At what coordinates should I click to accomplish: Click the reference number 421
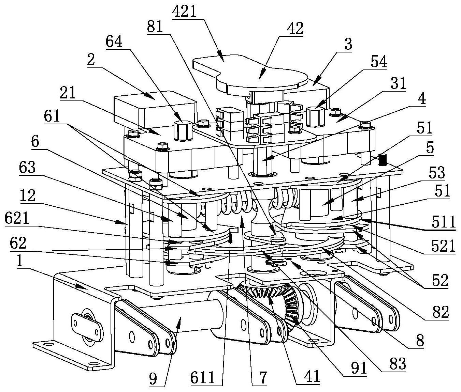pyautogui.click(x=185, y=12)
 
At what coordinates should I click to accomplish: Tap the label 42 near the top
pyautogui.click(x=295, y=29)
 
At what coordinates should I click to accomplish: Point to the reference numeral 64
pyautogui.click(x=114, y=42)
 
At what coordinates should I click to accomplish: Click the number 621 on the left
pyautogui.click(x=17, y=219)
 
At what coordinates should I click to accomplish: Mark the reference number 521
pyautogui.click(x=443, y=247)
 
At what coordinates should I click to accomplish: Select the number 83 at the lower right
pyautogui.click(x=398, y=363)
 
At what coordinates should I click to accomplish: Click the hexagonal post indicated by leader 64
pyautogui.click(x=183, y=130)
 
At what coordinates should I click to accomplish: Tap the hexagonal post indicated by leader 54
pyautogui.click(x=315, y=116)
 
